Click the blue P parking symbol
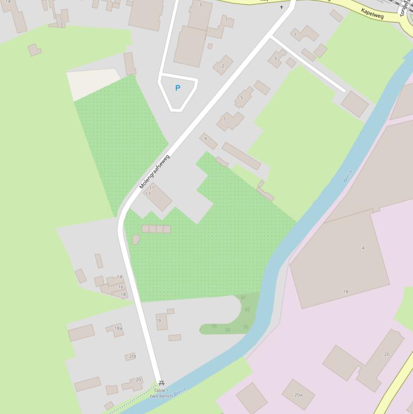click(178, 88)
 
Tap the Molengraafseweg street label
click(154, 172)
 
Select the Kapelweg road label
click(372, 13)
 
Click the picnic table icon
click(161, 383)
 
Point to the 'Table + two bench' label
click(160, 393)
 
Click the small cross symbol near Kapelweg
click(281, 8)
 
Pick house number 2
click(223, 66)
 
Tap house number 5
click(242, 97)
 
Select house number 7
click(224, 119)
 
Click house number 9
click(205, 139)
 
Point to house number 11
click(152, 188)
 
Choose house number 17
click(148, 194)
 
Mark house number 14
click(119, 277)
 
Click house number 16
click(121, 287)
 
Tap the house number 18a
click(118, 328)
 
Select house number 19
click(158, 320)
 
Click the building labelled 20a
click(298, 395)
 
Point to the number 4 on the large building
click(363, 248)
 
